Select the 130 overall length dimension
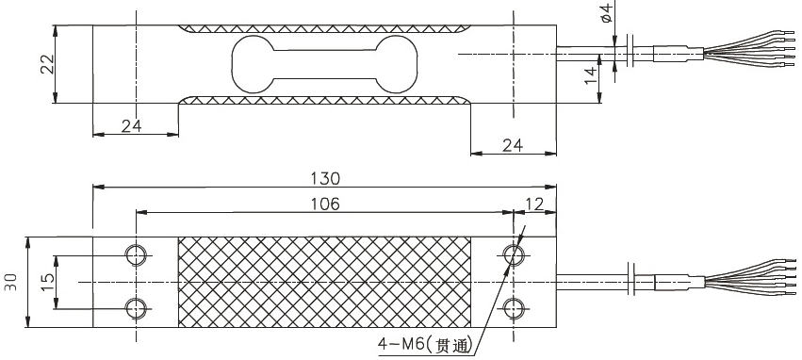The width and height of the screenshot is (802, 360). [x=323, y=178]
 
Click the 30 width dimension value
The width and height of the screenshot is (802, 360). [x=11, y=282]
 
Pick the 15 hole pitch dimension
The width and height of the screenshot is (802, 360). [x=46, y=282]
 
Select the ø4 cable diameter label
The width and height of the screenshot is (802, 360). [x=606, y=13]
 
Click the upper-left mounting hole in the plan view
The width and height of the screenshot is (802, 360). [x=136, y=255]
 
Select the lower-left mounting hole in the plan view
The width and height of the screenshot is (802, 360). [x=136, y=307]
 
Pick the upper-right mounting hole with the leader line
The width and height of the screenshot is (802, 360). [x=514, y=255]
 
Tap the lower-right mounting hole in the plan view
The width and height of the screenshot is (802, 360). [x=514, y=307]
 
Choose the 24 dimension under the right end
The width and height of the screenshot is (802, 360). [x=511, y=145]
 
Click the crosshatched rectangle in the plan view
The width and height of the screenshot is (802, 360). [x=323, y=282]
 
